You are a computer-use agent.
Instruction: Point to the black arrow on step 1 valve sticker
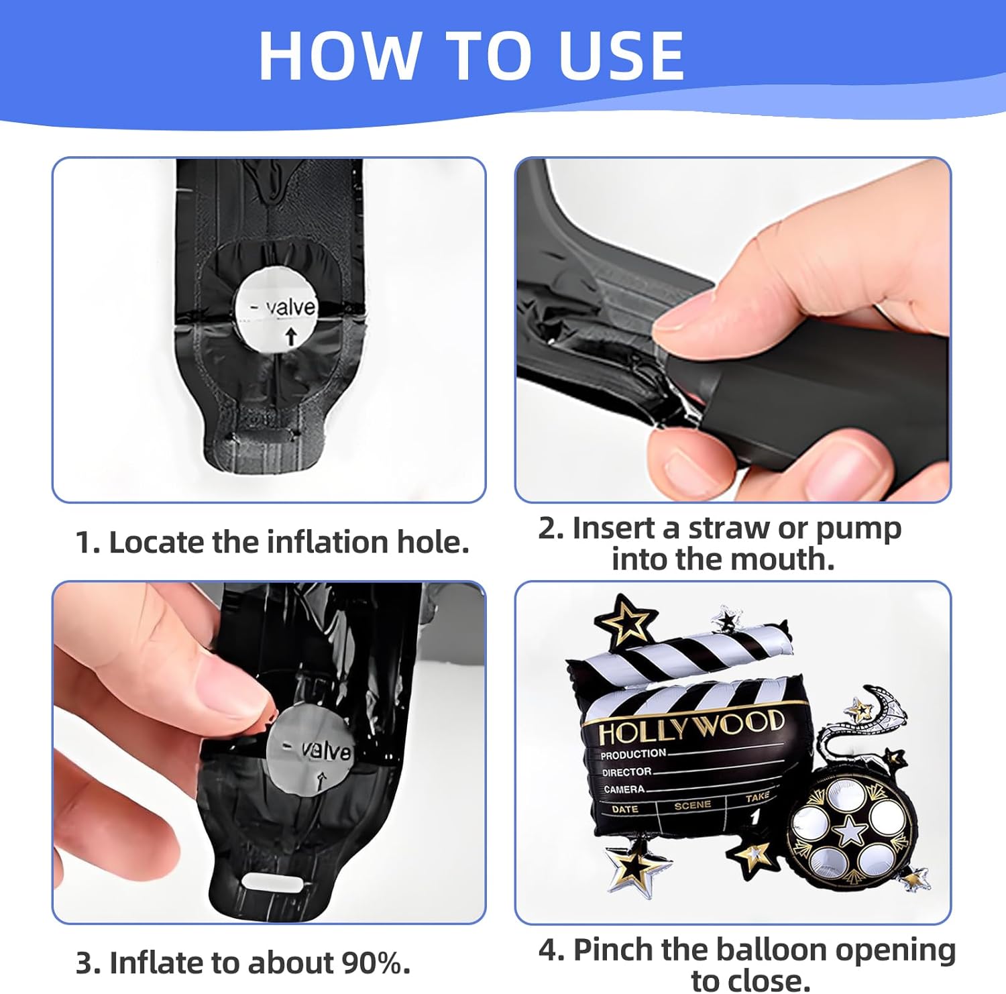pyautogui.click(x=290, y=336)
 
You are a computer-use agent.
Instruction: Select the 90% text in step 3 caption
pyautogui.click(x=376, y=963)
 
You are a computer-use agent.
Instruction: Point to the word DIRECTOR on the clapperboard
pyautogui.click(x=626, y=772)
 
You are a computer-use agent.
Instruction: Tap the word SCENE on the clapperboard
pyautogui.click(x=692, y=805)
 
